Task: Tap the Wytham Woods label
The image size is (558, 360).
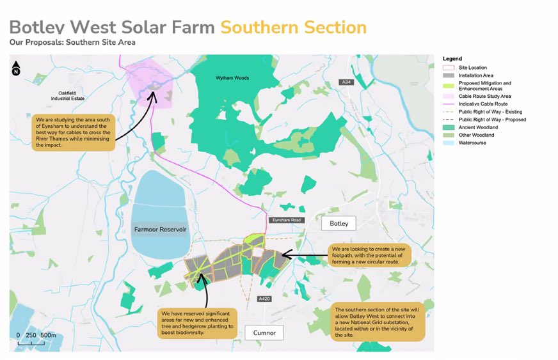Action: click(x=231, y=78)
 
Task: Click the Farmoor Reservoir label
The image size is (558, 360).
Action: click(x=160, y=229)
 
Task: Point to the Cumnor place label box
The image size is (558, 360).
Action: click(x=264, y=333)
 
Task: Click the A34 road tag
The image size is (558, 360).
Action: click(x=346, y=82)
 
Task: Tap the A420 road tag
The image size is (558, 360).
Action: click(x=264, y=299)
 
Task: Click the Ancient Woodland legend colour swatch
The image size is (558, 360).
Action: click(x=449, y=127)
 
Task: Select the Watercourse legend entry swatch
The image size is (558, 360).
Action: click(x=449, y=143)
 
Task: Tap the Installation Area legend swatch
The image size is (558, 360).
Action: click(x=449, y=75)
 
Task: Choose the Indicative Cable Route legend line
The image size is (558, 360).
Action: click(x=449, y=103)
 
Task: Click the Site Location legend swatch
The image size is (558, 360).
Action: click(x=449, y=67)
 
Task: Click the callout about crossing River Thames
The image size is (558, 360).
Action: click(x=72, y=132)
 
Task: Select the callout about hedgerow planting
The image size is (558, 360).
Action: click(x=198, y=323)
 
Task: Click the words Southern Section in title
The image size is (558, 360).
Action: click(x=293, y=27)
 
